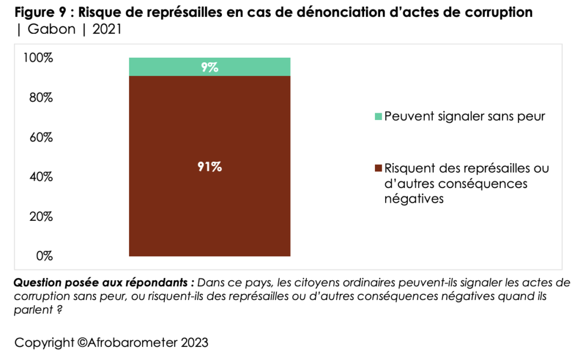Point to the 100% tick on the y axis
pos(39,58)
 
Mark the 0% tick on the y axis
pos(44,256)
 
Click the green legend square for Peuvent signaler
pos(378,117)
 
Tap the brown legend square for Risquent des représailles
pos(378,169)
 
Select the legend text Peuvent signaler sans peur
pos(464,117)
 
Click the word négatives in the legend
pos(413,199)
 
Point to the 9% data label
pos(210,67)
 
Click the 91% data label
pos(210,167)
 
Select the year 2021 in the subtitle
pos(107,29)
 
